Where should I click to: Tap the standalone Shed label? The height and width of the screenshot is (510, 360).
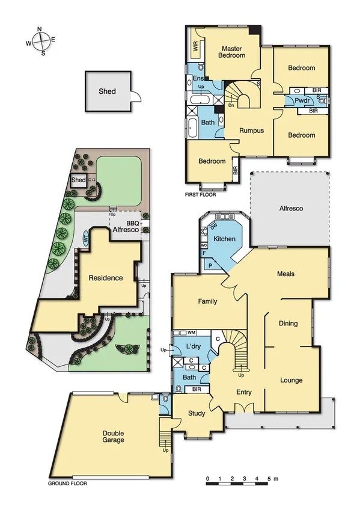click(x=107, y=91)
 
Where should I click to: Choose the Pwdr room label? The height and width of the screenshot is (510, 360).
click(x=302, y=100)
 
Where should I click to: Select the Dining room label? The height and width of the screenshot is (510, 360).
click(x=288, y=324)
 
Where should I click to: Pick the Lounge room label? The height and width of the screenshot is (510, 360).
click(x=291, y=380)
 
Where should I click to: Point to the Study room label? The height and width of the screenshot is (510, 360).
click(x=197, y=413)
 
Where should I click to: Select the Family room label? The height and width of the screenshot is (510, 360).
click(x=207, y=301)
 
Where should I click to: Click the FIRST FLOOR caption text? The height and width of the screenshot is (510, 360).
click(x=201, y=195)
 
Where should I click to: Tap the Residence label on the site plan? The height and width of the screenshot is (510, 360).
click(x=106, y=278)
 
